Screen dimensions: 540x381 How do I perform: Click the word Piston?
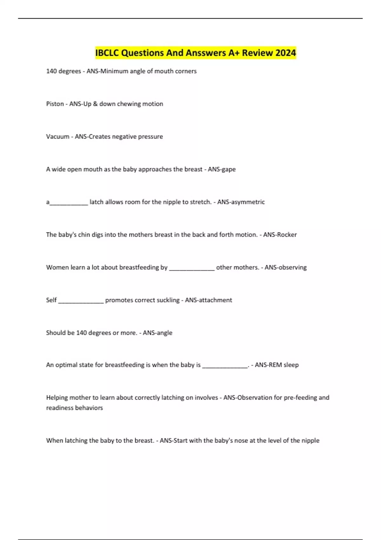55,104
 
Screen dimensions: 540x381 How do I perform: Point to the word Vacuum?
57,137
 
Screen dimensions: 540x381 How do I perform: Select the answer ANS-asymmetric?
241,202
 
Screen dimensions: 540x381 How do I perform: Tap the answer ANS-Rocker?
280,235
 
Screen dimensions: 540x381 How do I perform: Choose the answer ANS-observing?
286,267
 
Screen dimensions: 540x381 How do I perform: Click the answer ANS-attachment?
209,300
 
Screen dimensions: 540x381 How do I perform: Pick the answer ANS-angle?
157,333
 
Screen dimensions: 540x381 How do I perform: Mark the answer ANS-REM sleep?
277,365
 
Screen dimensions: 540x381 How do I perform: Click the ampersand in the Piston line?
95,104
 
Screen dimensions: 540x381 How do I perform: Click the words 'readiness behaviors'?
75,408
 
